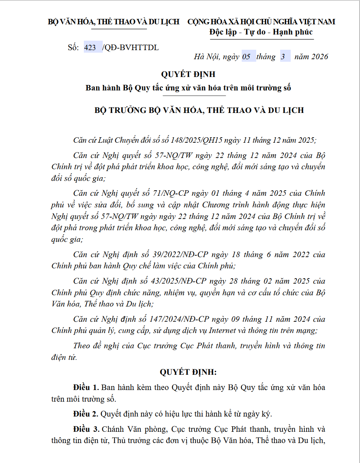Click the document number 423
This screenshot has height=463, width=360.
[x=90, y=48]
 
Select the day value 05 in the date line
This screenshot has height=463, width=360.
[x=246, y=57]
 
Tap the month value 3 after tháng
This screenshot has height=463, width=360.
[x=283, y=57]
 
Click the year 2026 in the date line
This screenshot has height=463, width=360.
[x=320, y=57]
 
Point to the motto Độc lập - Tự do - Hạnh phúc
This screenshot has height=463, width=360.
[x=261, y=32]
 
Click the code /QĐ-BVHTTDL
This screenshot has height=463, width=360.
[x=131, y=48]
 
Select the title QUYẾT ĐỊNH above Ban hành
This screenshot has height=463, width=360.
[x=188, y=74]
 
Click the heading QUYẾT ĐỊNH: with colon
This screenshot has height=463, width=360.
[x=188, y=372]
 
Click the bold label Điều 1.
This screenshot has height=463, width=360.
[x=86, y=387]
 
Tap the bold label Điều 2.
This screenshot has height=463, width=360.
[x=86, y=414]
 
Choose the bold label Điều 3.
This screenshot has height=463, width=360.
[x=86, y=429]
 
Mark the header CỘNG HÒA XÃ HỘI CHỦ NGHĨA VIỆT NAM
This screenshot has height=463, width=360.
[x=261, y=22]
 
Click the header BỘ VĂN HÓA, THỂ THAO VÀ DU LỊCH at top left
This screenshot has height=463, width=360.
[x=114, y=22]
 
